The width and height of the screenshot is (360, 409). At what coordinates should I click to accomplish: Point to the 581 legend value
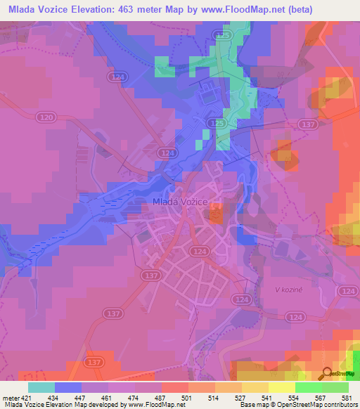coord(347,398)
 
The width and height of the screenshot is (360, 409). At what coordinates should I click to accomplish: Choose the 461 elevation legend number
coord(108,398)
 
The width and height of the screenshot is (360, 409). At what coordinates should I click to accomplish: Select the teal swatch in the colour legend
coord(41,387)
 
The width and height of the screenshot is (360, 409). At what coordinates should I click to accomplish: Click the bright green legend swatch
coord(308,387)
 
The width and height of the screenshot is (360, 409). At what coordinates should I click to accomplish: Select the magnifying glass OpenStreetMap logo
coord(325,374)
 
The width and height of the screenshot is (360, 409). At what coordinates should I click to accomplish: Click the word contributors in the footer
coord(340,405)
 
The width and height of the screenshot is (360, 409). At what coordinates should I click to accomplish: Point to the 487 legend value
coord(160,398)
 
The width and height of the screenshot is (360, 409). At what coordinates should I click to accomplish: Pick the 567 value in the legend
coord(320,398)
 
